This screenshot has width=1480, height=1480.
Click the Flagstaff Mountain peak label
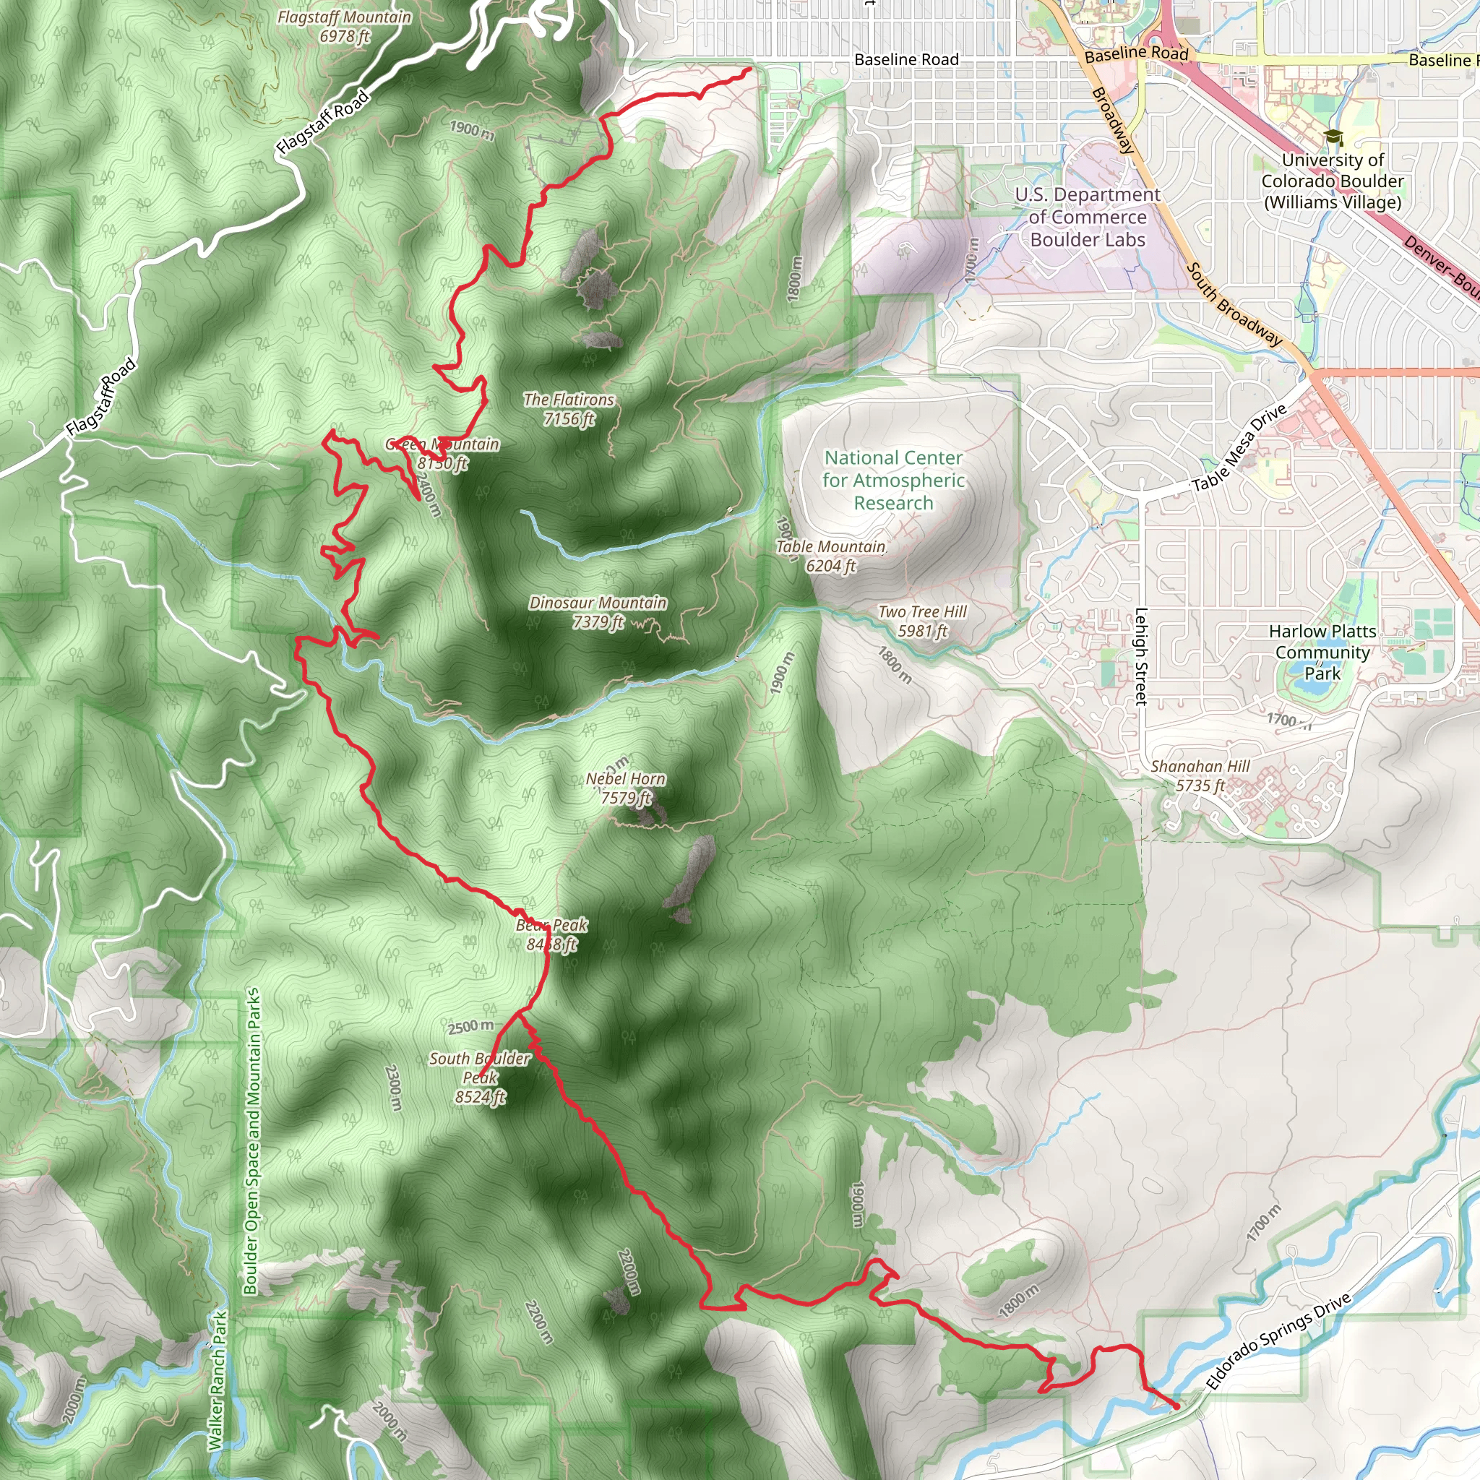click(x=344, y=26)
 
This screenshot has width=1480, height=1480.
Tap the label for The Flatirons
click(x=569, y=409)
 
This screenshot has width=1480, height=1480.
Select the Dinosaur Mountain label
click(x=598, y=612)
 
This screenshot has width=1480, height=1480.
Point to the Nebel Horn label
click(x=625, y=788)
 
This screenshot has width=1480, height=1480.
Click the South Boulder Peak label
click(x=480, y=1077)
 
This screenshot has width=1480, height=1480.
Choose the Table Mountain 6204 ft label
click(x=830, y=556)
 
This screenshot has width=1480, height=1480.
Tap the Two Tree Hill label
click(x=922, y=621)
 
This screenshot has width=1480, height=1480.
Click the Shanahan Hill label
click(x=1200, y=775)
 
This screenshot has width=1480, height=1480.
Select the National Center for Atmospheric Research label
click(x=893, y=481)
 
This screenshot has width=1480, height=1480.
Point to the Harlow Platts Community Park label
click(x=1322, y=653)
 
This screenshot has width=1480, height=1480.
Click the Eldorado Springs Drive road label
click(x=1278, y=1341)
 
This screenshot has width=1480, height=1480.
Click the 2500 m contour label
click(x=470, y=1026)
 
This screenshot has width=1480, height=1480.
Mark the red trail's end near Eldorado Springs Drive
click(x=1176, y=1406)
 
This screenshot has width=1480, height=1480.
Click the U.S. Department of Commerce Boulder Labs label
click(x=1087, y=218)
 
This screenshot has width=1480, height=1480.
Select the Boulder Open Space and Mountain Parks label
click(x=251, y=1141)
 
